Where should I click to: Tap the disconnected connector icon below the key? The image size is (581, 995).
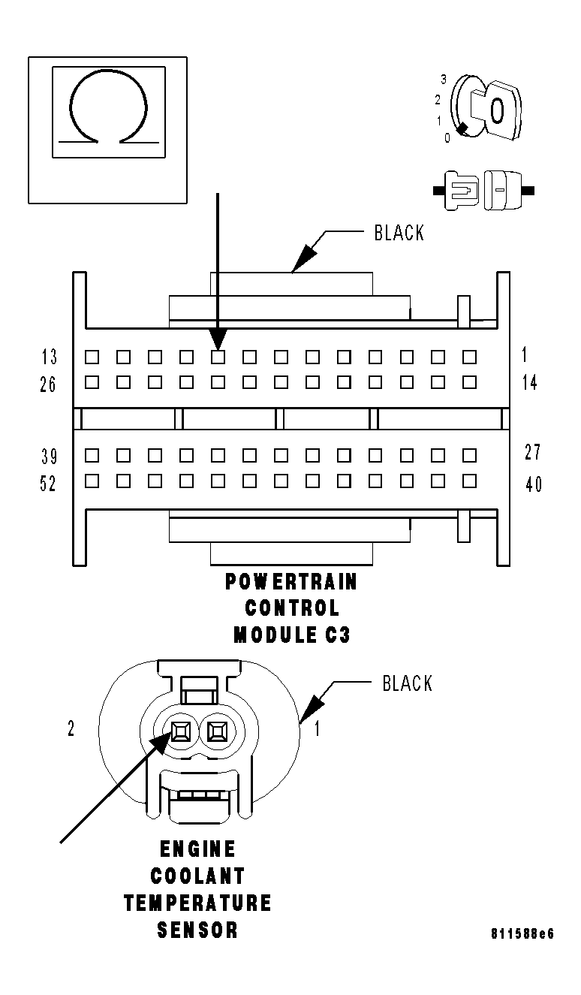pos(483,190)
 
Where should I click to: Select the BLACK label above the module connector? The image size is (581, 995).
pos(399,234)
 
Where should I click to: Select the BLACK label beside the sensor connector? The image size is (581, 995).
pos(407,683)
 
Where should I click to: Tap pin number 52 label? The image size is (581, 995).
pos(48,484)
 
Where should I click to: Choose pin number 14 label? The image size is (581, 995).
pos(530,383)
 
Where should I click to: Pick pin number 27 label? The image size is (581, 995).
pos(532,453)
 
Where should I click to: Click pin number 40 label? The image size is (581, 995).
pos(533,484)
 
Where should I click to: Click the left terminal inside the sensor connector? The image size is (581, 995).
pos(181,729)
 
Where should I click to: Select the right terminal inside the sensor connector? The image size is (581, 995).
pos(218,729)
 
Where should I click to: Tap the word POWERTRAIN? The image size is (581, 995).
pos(291,582)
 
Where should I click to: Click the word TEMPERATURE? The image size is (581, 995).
pos(197,903)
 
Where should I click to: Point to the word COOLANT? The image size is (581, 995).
pos(197,876)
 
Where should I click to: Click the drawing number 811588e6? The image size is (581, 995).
pos(522,934)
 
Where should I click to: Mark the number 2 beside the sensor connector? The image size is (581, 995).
pos(71,729)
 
